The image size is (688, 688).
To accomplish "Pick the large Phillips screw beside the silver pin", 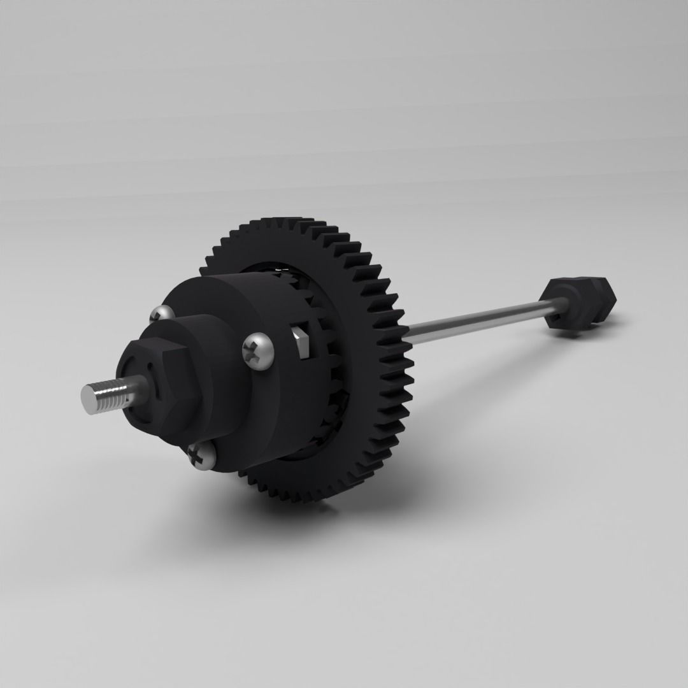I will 259,350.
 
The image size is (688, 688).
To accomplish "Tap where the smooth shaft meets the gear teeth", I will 408,331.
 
